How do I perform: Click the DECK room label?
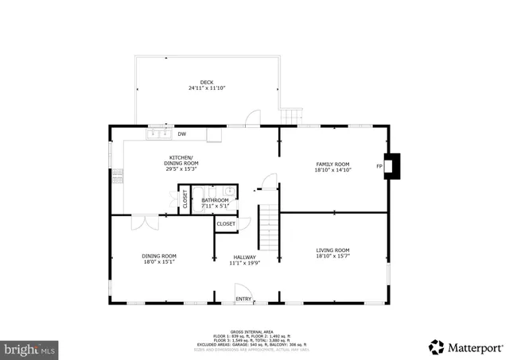pos(206,83)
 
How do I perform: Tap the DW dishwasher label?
pos(182,134)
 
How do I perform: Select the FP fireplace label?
pos(379,166)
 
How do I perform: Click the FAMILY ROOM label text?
pos(332,164)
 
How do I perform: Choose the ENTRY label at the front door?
pos(243,299)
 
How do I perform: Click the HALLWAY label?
pos(243,257)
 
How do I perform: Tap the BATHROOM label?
pos(214,200)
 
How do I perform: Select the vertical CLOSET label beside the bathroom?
pos(185,199)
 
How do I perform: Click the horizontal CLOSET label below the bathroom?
pos(226,224)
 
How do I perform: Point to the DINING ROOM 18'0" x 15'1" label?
pos(158,256)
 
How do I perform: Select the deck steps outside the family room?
pos(293,117)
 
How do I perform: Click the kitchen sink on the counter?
pos(157,134)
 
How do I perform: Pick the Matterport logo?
pos(466,346)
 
